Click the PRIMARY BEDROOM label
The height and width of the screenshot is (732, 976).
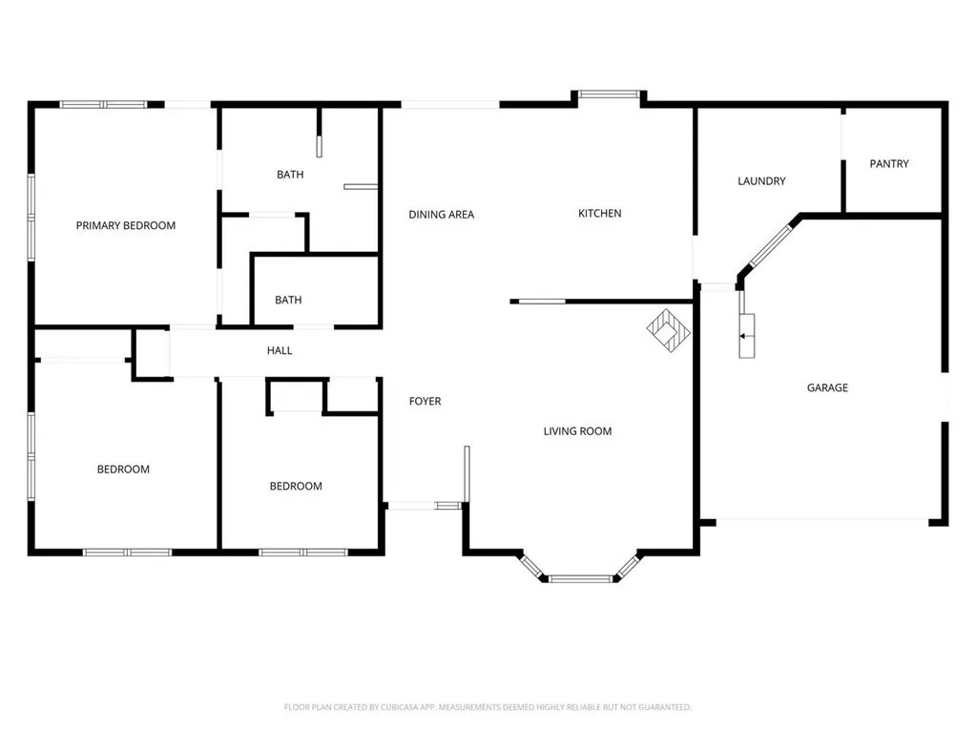pos(126,226)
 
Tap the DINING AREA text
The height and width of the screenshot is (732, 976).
pos(441,215)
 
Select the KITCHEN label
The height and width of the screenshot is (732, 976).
pos(599,214)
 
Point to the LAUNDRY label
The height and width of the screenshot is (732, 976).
pos(760,181)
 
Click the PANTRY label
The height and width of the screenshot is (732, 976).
pos(888,164)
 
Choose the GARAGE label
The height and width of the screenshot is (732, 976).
pos(826,388)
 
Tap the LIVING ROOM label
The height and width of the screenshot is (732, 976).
pos(577,431)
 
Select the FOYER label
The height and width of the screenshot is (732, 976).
pos(425,402)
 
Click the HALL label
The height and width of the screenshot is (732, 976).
pos(280,351)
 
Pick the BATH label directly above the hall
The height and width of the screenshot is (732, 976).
pos(288,301)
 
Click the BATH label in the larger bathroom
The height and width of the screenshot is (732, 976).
pos(290,175)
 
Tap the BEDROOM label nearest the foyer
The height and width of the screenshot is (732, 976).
pos(296,487)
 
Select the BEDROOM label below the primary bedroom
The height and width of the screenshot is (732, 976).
pos(123,470)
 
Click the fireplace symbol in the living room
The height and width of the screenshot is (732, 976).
pos(669,328)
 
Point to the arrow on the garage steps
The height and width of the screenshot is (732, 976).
pos(742,335)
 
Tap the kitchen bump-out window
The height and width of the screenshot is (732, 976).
pos(609,94)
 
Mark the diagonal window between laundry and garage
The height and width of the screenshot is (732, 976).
pos(770,246)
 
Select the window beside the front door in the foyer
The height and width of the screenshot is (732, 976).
pos(447,505)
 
